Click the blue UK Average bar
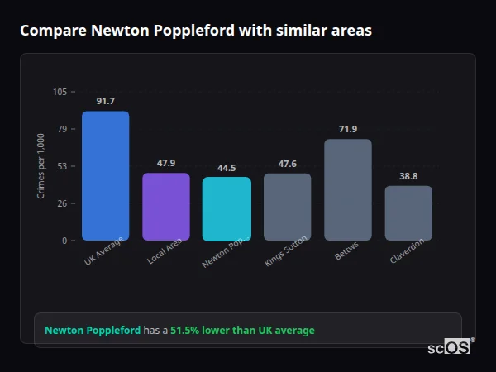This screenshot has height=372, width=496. [105, 176]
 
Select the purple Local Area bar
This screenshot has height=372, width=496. [166, 207]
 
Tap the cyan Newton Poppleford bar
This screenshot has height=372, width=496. [227, 209]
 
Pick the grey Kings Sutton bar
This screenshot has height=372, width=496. [287, 207]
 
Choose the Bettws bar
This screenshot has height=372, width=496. [348, 190]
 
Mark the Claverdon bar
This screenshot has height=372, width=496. [408, 213]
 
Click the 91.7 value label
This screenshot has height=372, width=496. [105, 102]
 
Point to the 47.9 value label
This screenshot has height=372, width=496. [166, 163]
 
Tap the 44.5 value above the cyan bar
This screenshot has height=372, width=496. [227, 168]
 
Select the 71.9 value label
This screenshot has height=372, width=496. [348, 129]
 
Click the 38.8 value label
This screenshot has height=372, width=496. [408, 176]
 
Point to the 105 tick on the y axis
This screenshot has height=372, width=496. [60, 92]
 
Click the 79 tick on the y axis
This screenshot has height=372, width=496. [62, 129]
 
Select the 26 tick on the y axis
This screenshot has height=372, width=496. [62, 203]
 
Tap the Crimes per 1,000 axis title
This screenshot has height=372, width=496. [41, 165]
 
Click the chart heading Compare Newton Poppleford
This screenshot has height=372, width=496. [196, 31]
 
